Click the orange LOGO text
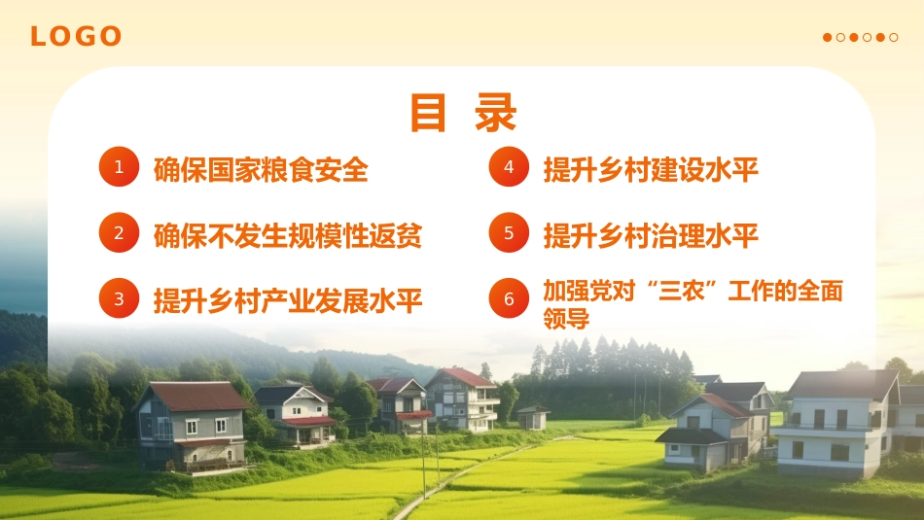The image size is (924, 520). click(76, 37)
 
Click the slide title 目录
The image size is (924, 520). click(462, 113)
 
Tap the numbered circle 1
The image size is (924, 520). click(119, 167)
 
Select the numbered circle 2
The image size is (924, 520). click(119, 233)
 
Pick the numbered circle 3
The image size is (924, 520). click(119, 299)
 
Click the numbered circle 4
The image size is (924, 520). click(508, 167)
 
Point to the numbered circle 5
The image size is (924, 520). click(508, 233)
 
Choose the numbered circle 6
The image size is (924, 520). click(508, 299)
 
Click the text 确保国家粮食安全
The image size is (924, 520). click(261, 169)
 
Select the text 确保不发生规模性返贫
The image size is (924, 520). click(288, 235)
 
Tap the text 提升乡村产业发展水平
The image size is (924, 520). click(288, 300)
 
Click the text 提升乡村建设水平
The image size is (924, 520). click(651, 169)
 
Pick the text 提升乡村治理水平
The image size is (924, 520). click(651, 235)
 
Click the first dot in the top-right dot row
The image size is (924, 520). click(828, 38)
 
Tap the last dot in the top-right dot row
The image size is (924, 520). click(894, 38)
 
